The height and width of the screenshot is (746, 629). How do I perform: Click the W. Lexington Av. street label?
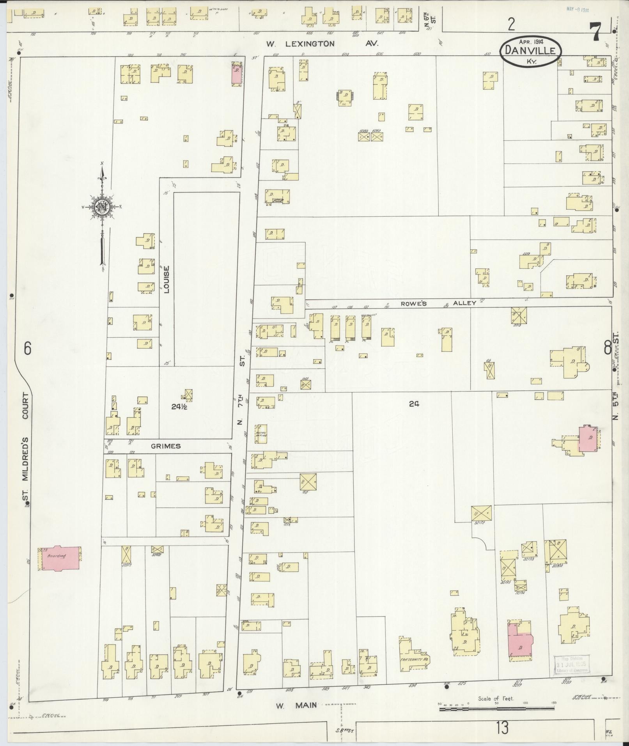[x=322, y=44]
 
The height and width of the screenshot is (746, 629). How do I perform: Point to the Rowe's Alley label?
[x=438, y=303]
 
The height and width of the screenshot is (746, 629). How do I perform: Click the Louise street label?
[x=167, y=280]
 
